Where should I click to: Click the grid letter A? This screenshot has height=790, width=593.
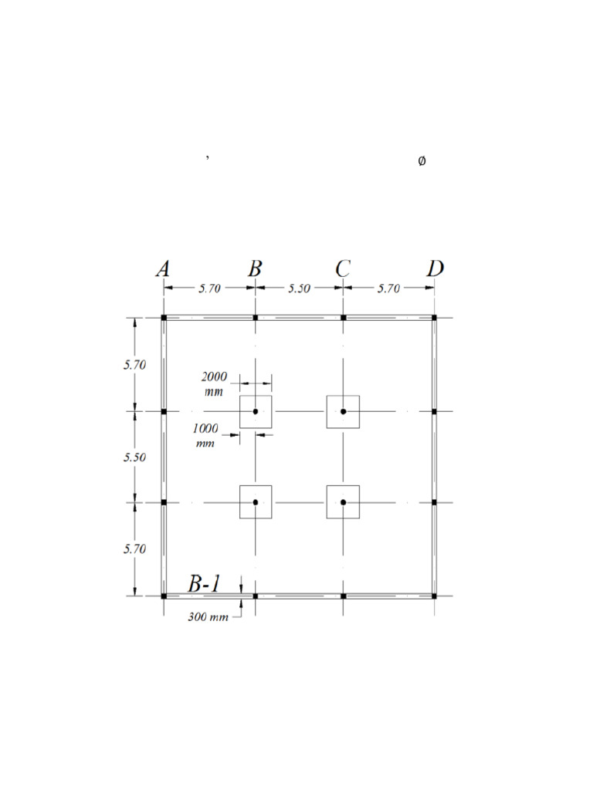click(x=163, y=268)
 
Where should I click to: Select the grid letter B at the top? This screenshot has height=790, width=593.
click(x=255, y=268)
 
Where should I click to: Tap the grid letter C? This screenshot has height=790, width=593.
click(x=344, y=268)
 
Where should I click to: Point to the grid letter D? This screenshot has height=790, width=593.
click(x=435, y=268)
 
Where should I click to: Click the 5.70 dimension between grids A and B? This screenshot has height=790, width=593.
click(x=209, y=289)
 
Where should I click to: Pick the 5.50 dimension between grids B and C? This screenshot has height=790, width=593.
click(x=299, y=289)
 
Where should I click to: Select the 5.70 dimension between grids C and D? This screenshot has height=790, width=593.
click(x=388, y=289)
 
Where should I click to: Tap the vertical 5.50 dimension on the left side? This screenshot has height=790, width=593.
click(x=134, y=457)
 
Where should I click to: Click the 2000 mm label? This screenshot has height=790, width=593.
click(x=214, y=383)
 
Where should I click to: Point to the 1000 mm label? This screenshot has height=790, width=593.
click(x=205, y=435)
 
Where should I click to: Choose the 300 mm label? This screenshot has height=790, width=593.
click(x=208, y=617)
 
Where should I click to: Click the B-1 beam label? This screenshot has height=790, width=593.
click(x=205, y=585)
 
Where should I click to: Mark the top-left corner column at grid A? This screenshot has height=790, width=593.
click(x=164, y=317)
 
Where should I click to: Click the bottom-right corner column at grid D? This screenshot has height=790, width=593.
click(x=434, y=596)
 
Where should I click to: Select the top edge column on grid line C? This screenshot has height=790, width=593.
click(x=344, y=317)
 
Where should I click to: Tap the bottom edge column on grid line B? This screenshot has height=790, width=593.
click(x=256, y=596)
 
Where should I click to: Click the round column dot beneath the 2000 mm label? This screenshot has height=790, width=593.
click(x=256, y=411)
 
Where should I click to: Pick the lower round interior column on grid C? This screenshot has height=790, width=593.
click(x=344, y=502)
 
